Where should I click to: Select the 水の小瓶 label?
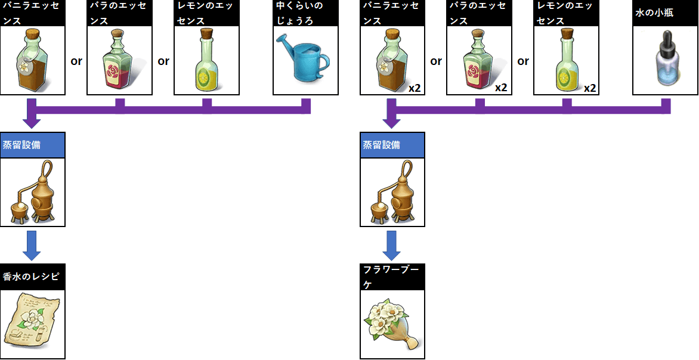click(x=654, y=13)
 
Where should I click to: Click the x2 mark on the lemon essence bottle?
click(x=589, y=88)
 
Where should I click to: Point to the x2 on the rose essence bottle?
click(x=501, y=88)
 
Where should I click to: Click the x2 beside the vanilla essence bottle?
click(x=415, y=88)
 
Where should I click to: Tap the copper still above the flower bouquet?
click(x=392, y=192)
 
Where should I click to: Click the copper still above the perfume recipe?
click(x=32, y=192)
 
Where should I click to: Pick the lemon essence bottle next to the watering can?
click(x=206, y=60)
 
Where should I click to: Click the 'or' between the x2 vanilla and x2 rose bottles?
click(x=436, y=61)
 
